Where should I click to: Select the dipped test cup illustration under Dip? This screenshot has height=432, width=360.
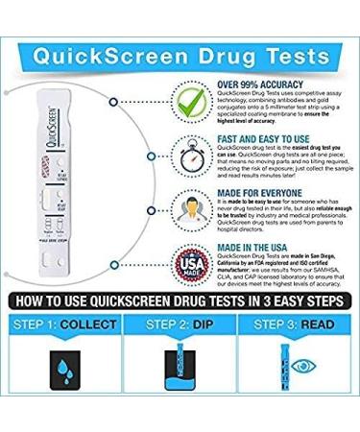click(179, 379)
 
